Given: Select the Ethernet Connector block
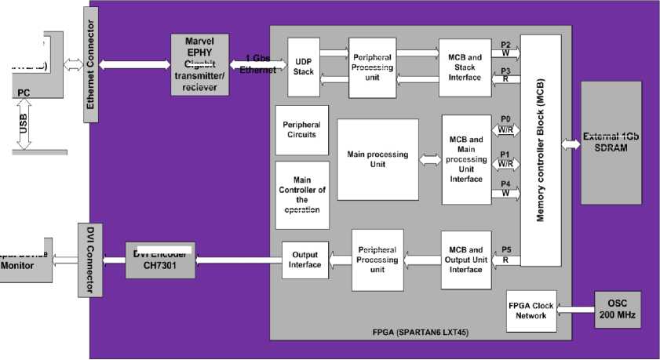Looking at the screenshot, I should point(92,64).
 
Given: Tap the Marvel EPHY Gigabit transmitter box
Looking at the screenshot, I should point(200,65).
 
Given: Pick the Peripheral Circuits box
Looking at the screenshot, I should point(301,129).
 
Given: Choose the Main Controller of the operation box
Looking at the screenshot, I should point(301,195).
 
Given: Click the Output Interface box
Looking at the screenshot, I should point(305,260).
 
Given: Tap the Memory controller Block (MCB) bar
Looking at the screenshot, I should point(541,149).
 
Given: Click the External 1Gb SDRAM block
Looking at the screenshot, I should point(611,142).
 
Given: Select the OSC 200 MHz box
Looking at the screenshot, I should point(617,310).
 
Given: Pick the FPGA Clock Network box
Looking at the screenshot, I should point(531,311).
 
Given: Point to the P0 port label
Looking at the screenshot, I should point(505,118).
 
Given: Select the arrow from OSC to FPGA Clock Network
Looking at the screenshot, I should point(574,311).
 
